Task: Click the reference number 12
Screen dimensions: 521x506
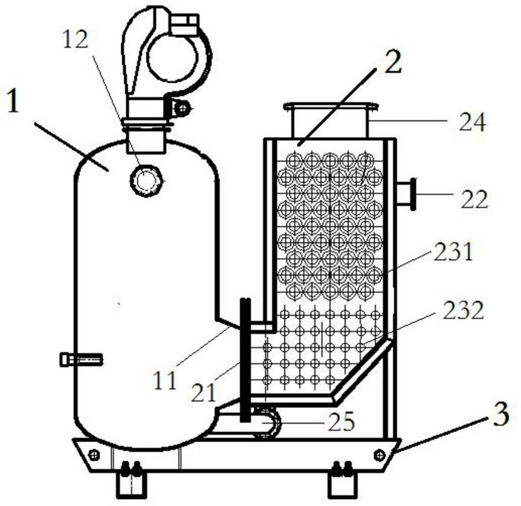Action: click(x=75, y=40)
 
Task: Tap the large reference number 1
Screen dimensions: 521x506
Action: click(x=13, y=101)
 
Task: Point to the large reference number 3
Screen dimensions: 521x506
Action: click(x=501, y=414)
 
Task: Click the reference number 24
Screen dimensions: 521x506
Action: click(x=472, y=122)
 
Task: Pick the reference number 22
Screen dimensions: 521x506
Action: click(x=475, y=199)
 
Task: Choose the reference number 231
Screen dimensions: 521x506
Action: click(x=453, y=251)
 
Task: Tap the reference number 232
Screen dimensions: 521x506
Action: click(x=463, y=310)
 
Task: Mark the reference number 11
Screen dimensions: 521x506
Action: click(x=165, y=381)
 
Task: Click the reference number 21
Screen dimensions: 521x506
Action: click(x=203, y=393)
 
